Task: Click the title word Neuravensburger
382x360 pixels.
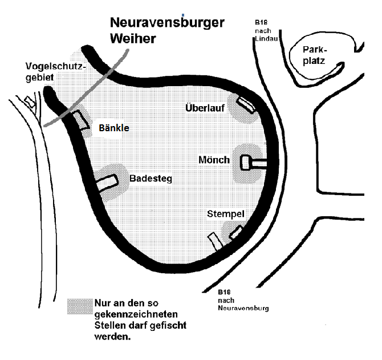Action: tap(167, 23)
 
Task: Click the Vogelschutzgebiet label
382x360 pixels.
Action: tap(55, 72)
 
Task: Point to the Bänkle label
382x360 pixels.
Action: tap(114, 128)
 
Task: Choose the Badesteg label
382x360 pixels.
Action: tap(151, 179)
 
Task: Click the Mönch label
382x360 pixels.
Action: tap(214, 160)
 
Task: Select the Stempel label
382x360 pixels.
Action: tap(226, 214)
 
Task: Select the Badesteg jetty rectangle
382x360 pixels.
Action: tap(107, 181)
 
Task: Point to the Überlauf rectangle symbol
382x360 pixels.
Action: tap(246, 103)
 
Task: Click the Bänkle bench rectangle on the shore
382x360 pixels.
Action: tap(81, 120)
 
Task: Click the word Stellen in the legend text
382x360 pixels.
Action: tap(111, 326)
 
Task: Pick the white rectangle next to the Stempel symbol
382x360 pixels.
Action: tap(214, 241)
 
